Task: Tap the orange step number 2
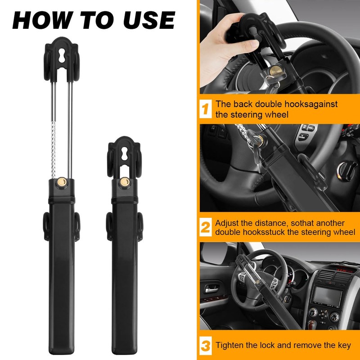[x=205, y=227]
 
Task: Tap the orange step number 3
[x=205, y=346]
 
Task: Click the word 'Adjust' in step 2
[x=228, y=223]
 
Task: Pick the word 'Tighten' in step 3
[x=230, y=346]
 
